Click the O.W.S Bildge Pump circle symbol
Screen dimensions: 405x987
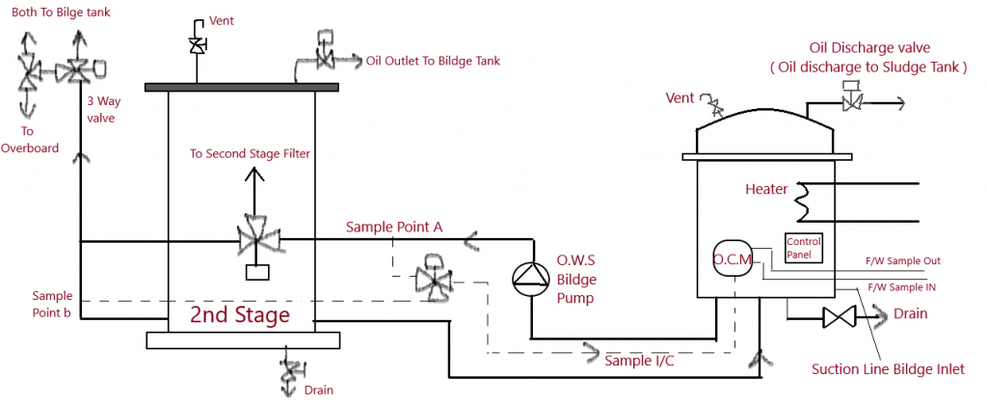[529, 278]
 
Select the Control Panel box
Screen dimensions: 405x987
[802, 248]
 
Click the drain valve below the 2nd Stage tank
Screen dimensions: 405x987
[288, 371]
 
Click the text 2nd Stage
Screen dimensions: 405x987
[239, 315]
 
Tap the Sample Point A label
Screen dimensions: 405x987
[395, 227]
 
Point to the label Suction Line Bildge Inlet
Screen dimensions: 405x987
[888, 368]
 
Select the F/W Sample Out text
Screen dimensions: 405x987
[905, 260]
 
